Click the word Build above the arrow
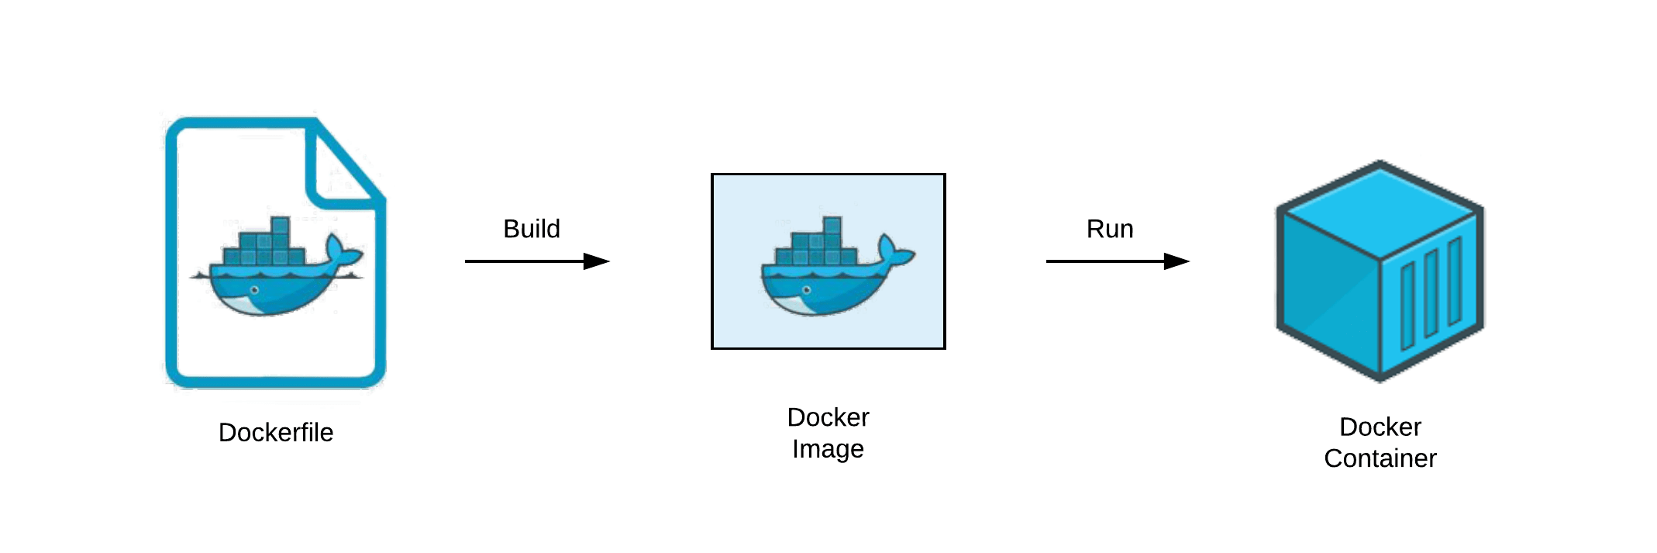(531, 229)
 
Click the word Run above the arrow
(1109, 229)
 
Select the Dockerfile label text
(276, 432)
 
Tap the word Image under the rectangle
(827, 449)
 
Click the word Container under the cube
(1380, 458)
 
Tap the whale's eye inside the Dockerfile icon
(254, 290)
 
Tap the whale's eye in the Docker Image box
(807, 290)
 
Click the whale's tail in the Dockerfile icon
(341, 250)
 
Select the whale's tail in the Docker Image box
(894, 250)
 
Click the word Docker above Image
(827, 417)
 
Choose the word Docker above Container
(1380, 427)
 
